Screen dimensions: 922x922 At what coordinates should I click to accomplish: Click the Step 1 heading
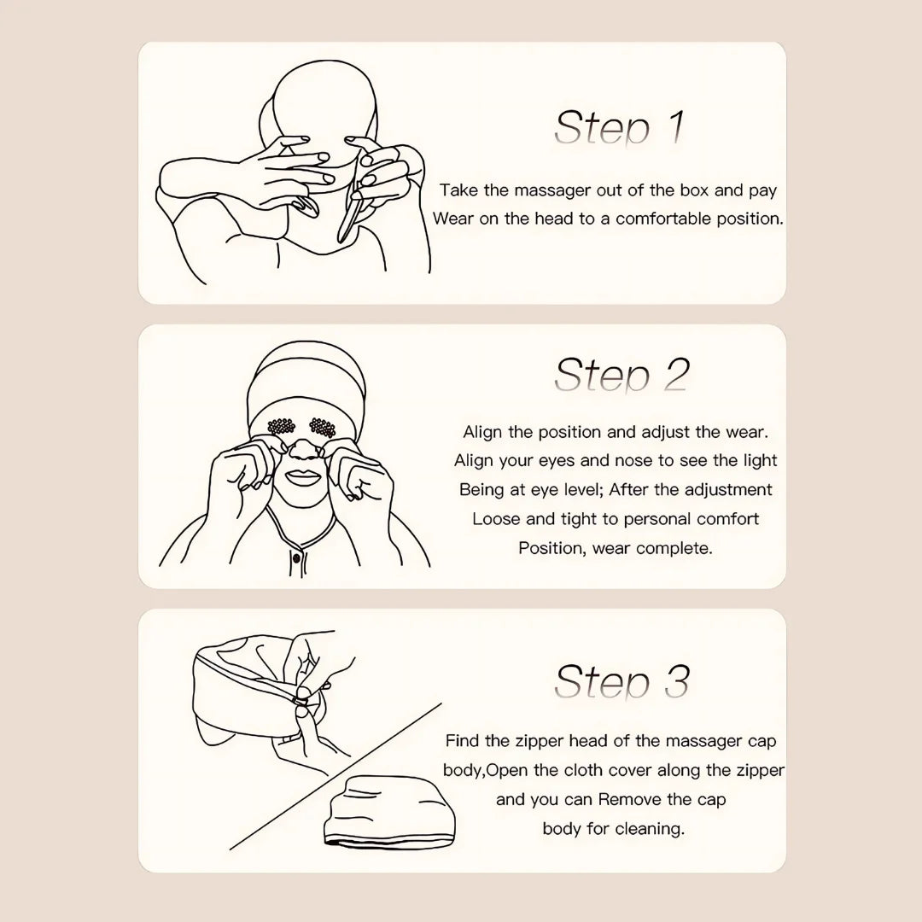(619, 128)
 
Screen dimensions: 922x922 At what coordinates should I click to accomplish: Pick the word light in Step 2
(760, 460)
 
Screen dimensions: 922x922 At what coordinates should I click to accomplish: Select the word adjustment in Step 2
(729, 489)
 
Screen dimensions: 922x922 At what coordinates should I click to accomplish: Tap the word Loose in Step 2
(497, 518)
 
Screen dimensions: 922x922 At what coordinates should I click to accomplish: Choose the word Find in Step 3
(462, 740)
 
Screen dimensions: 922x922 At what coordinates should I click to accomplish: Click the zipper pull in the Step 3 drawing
(301, 702)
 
